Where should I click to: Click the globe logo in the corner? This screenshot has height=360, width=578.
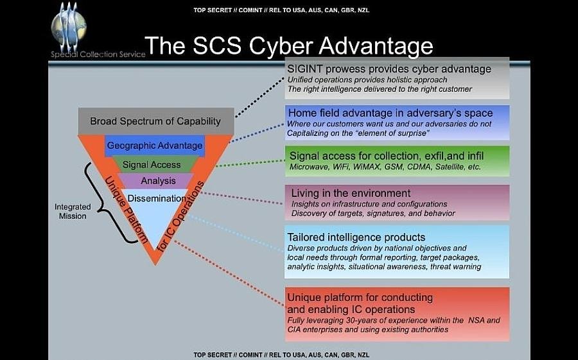(69, 26)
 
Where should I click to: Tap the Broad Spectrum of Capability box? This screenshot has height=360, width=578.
(155, 121)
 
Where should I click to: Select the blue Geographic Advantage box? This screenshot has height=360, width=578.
(154, 146)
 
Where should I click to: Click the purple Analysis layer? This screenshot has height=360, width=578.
(158, 181)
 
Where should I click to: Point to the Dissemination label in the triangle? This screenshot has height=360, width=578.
(157, 198)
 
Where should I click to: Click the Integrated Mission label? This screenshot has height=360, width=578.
(72, 212)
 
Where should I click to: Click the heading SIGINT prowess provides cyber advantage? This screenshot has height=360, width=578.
(389, 69)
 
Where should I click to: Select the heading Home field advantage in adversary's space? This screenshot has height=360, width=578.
(390, 114)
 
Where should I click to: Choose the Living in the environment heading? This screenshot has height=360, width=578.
(351, 193)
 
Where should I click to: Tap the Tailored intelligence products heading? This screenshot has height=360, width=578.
(356, 237)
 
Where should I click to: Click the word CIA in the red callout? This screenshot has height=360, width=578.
(297, 330)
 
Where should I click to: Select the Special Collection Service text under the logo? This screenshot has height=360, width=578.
(98, 55)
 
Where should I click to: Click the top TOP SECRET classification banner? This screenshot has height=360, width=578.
(281, 10)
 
